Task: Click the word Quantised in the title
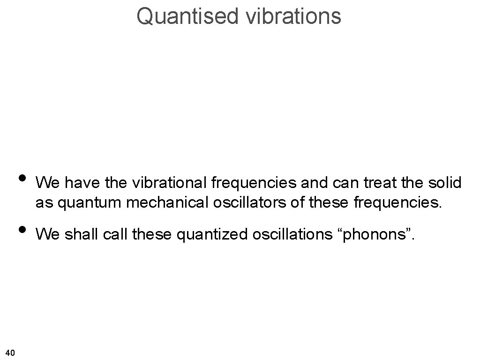tap(187, 15)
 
